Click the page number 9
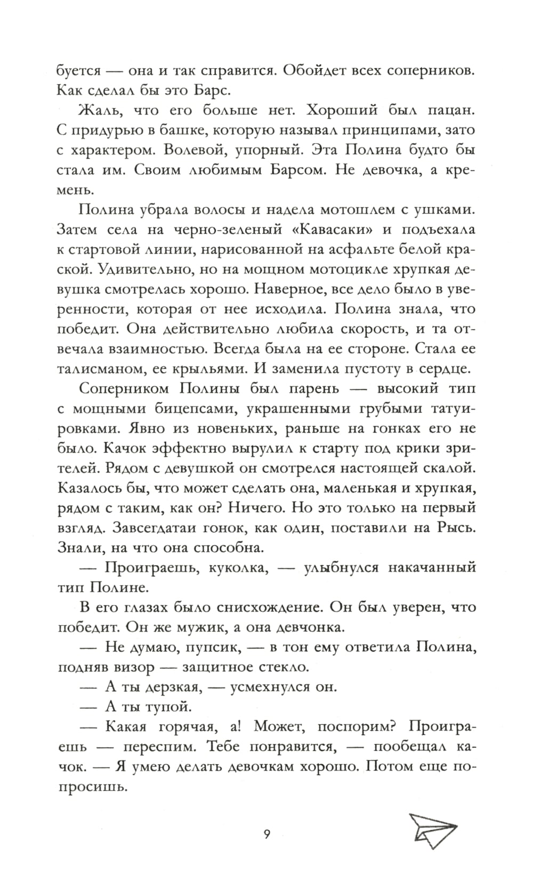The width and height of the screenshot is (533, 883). pos(266,834)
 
